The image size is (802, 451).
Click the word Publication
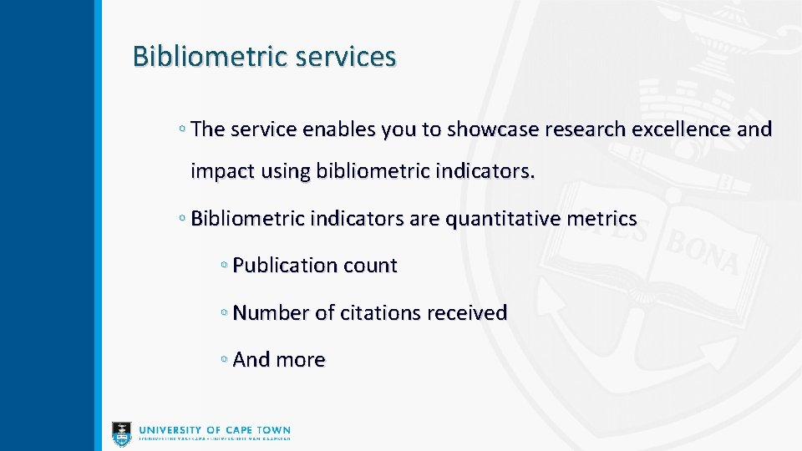click(x=284, y=266)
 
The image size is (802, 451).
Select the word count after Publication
click(x=369, y=266)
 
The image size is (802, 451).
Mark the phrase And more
click(x=279, y=359)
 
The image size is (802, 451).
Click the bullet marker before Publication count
click(x=224, y=266)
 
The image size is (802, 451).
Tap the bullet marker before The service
click(x=182, y=129)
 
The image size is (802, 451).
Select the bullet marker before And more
click(x=224, y=359)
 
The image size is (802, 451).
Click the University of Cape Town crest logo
click(x=122, y=433)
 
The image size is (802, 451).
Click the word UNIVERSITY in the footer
click(x=171, y=430)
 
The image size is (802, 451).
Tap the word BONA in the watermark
click(x=702, y=255)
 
